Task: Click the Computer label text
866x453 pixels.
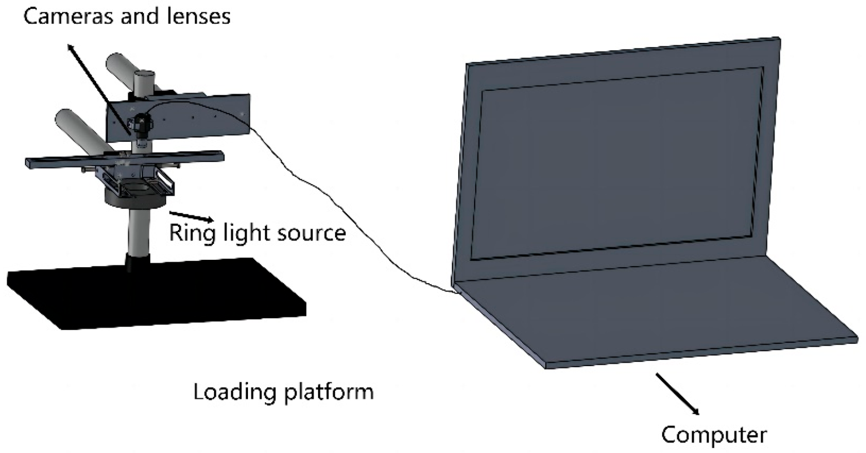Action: coord(714,434)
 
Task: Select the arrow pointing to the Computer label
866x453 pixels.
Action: coord(677,393)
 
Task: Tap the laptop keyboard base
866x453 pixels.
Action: coord(656,312)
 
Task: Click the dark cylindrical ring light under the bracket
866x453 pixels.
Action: coord(133,199)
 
